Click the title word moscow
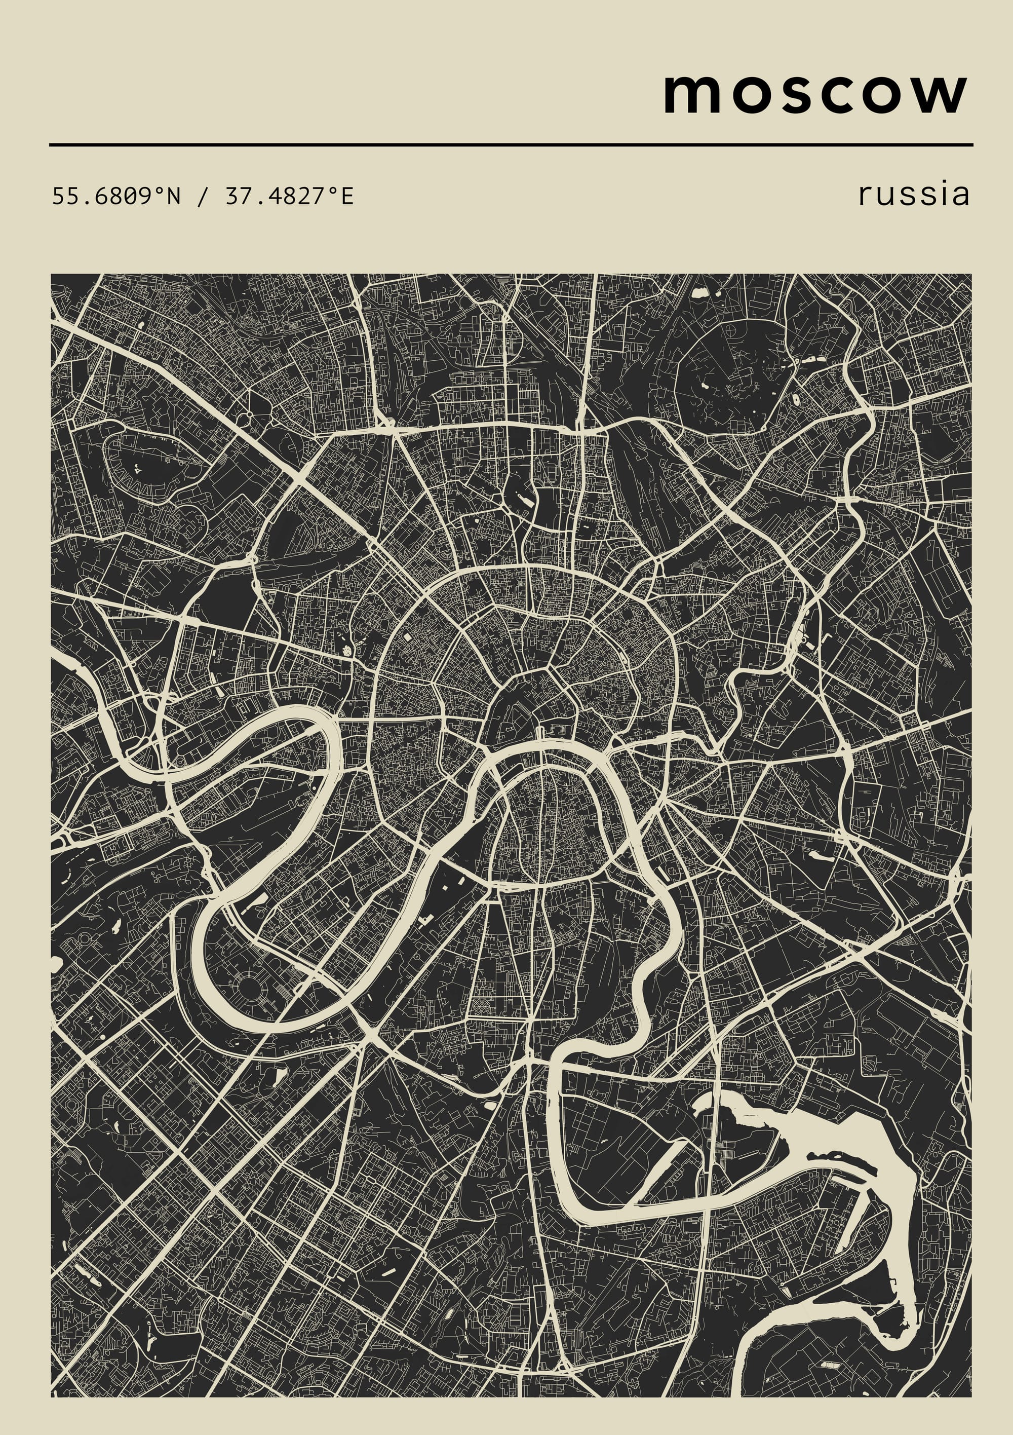pos(815,94)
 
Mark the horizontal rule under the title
pos(511,144)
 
